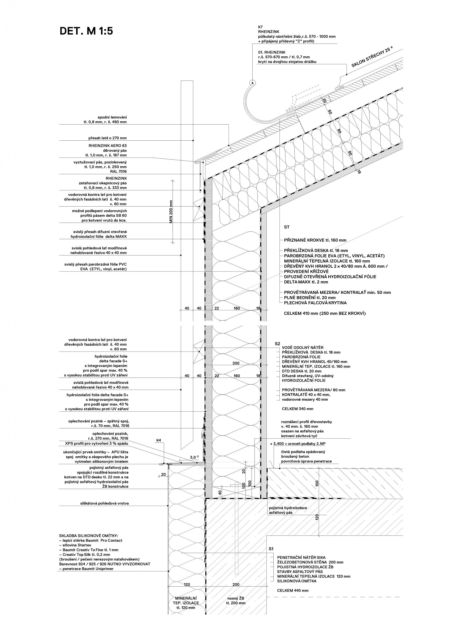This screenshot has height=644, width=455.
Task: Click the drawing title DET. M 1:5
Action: click(86, 31)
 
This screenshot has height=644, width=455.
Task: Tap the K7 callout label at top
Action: click(261, 27)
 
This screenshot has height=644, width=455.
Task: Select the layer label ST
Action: click(287, 227)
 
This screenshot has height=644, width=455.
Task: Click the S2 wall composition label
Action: click(277, 344)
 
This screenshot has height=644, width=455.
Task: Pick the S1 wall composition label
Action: click(271, 548)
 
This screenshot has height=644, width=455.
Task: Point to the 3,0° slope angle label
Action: click(194, 457)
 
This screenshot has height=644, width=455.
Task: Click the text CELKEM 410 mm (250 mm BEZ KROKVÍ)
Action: click(325, 313)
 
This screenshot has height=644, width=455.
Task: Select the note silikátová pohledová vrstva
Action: click(104, 503)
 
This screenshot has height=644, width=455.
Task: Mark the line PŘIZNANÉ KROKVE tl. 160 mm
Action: click(315, 240)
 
